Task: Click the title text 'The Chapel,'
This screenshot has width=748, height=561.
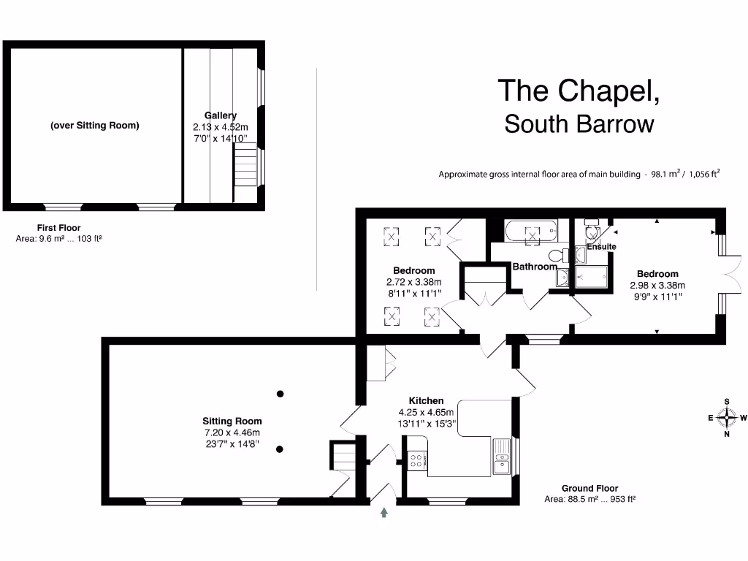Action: click(579, 91)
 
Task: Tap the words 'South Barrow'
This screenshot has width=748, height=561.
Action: click(579, 124)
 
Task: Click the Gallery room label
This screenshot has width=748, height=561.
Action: click(221, 115)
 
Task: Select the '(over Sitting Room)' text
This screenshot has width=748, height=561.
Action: click(95, 126)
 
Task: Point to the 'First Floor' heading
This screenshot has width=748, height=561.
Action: click(58, 228)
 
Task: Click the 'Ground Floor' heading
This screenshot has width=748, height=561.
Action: click(589, 489)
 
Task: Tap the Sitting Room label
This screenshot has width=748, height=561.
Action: click(232, 421)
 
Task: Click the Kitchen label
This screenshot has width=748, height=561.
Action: click(426, 401)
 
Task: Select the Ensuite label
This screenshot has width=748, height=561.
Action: click(602, 247)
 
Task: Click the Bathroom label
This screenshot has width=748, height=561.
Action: click(535, 267)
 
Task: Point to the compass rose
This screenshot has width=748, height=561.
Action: click(727, 418)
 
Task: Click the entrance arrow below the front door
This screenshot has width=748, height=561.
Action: click(384, 512)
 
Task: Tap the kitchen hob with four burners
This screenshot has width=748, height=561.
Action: click(416, 460)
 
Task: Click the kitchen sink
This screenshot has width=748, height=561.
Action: click(501, 456)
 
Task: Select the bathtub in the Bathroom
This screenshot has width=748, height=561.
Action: click(531, 230)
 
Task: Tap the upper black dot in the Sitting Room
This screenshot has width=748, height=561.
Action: click(280, 394)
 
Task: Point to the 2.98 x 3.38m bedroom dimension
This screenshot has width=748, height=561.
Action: click(657, 286)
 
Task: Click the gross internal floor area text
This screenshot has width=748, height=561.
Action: click(579, 174)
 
